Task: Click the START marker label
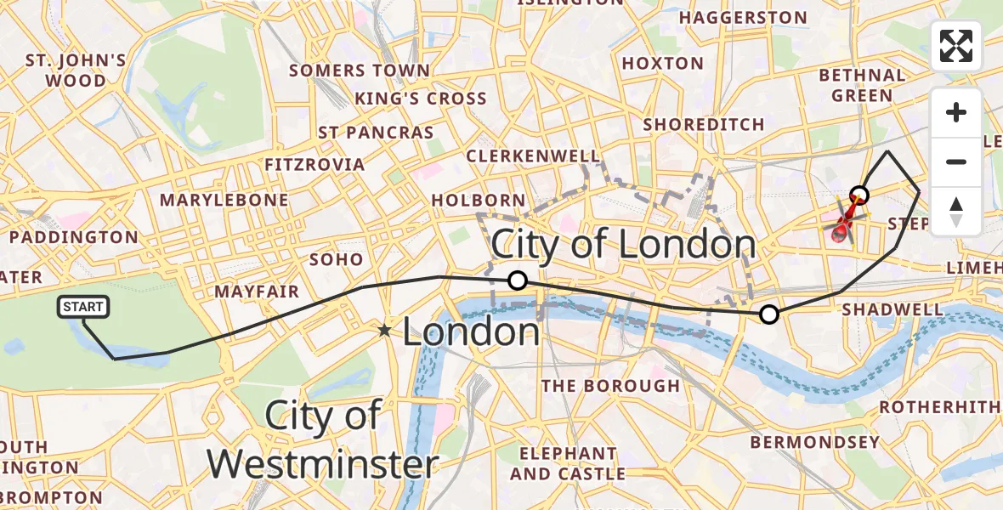click(x=83, y=307)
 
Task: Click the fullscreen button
click(x=956, y=46)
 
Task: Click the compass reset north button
click(x=956, y=211)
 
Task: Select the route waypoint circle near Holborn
click(x=517, y=280)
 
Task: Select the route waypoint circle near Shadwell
click(x=768, y=314)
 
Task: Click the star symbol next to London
click(x=385, y=330)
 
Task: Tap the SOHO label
click(x=337, y=259)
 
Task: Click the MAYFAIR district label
click(x=257, y=292)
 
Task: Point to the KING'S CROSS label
click(x=421, y=99)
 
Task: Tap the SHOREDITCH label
click(x=704, y=124)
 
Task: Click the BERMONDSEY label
click(x=814, y=442)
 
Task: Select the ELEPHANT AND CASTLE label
click(x=568, y=464)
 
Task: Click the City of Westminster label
click(x=323, y=440)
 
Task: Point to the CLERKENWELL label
click(x=533, y=156)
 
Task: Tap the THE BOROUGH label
click(x=610, y=386)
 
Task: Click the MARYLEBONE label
click(x=224, y=201)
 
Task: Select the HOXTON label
click(x=663, y=64)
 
